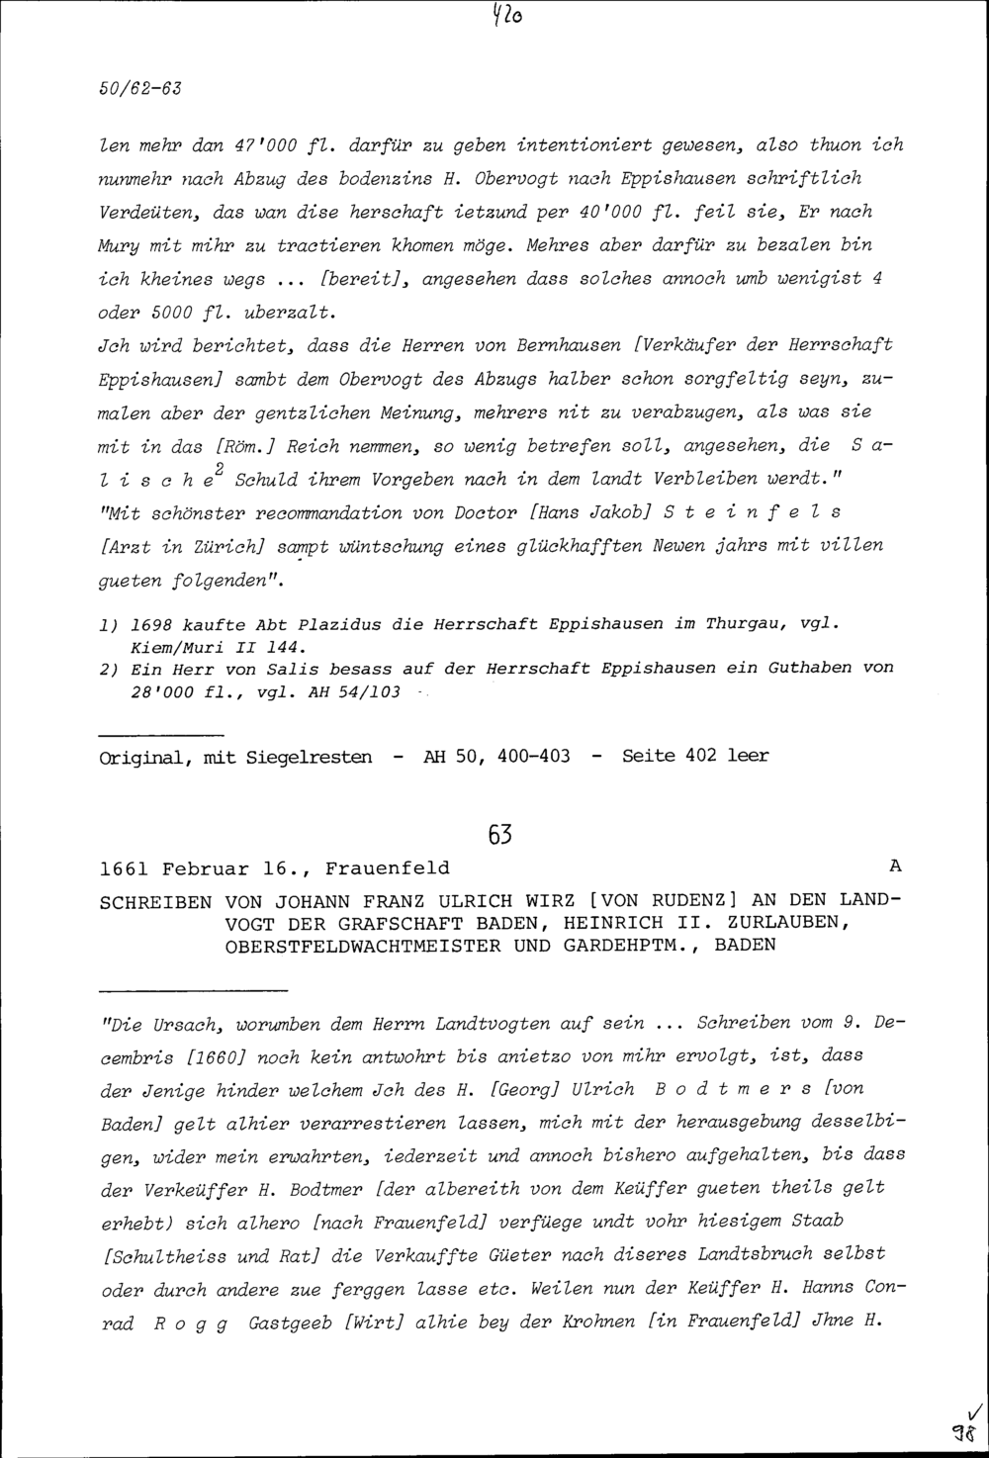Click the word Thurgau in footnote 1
743,624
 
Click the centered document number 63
500,836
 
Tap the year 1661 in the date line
125,868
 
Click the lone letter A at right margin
895,866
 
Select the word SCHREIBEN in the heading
155,901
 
